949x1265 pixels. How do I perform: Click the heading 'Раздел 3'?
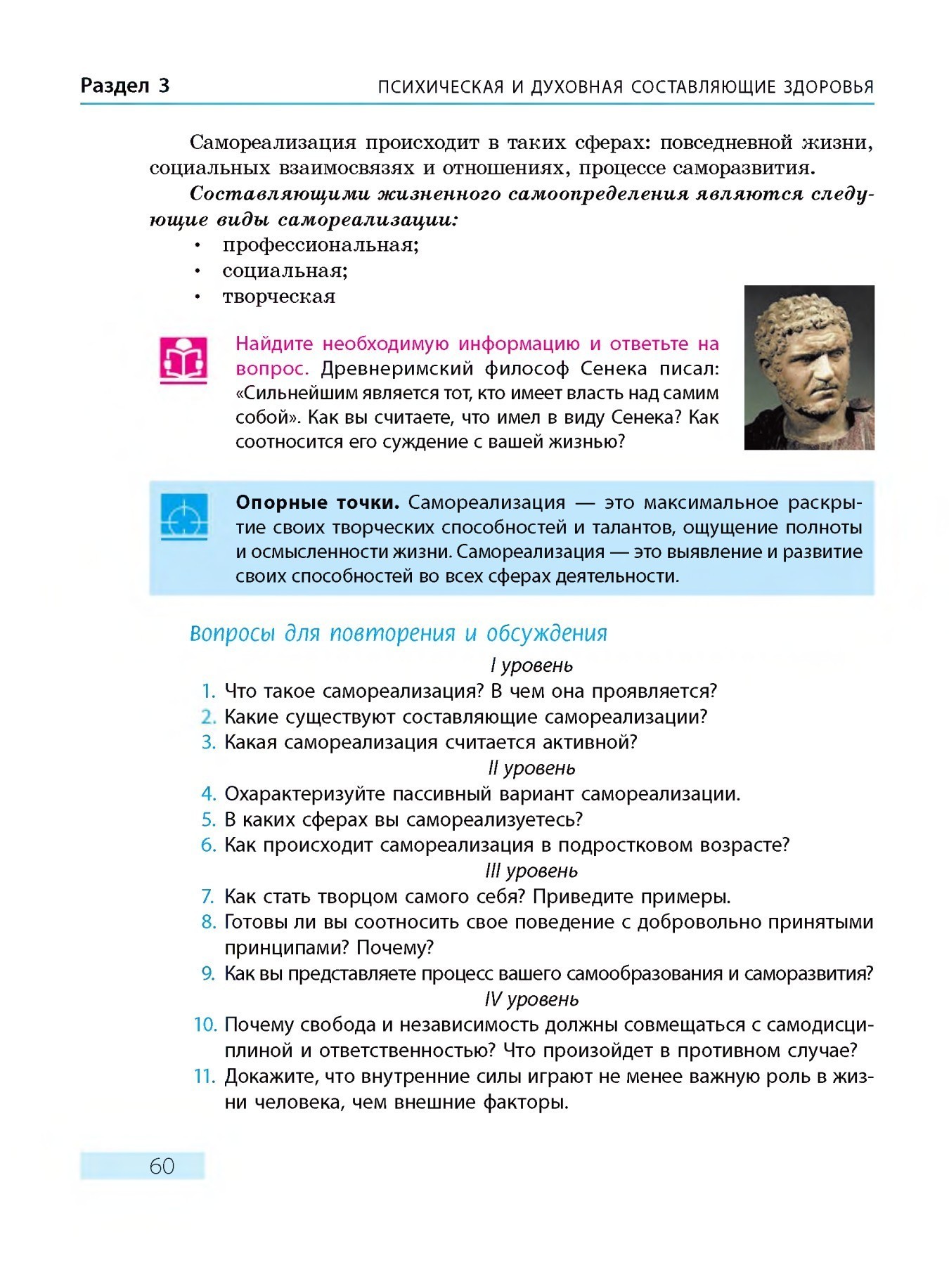125,86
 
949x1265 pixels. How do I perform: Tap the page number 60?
162,1166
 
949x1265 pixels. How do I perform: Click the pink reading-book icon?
183,360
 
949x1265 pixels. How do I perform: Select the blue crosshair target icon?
184,517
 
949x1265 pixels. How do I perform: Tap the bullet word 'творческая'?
279,297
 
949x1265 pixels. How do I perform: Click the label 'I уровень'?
531,665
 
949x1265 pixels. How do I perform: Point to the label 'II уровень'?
531,767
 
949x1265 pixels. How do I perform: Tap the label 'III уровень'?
531,871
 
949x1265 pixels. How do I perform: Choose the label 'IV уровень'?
531,999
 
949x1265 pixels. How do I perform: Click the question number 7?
207,897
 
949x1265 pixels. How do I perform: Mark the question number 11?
205,1077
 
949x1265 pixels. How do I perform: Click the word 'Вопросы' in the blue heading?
232,633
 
